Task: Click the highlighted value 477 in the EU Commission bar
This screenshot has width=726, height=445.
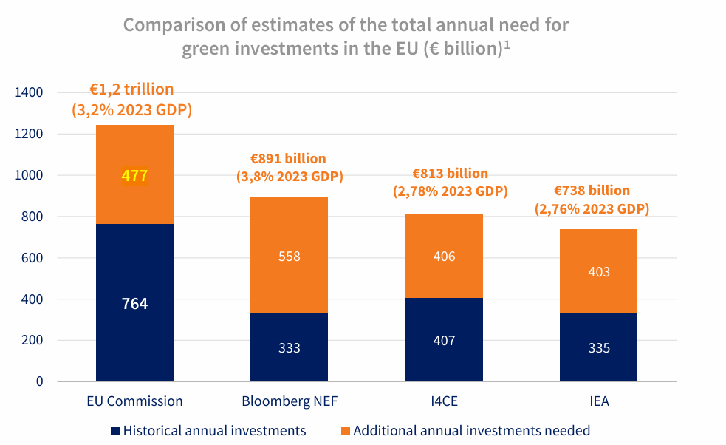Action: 135,176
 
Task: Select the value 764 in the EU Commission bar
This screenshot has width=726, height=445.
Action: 135,303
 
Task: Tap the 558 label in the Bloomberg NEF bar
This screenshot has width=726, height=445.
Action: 290,257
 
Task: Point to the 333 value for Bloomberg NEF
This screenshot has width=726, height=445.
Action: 290,347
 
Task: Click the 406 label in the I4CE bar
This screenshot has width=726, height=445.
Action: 445,257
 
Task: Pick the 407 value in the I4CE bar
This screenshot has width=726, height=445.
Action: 445,341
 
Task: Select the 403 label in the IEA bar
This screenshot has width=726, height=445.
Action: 599,272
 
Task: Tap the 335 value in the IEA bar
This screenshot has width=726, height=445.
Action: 599,347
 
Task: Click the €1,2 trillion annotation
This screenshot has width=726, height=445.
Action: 132,89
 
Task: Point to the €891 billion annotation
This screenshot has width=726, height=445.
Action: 289,159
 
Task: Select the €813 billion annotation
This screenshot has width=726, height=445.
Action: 451,174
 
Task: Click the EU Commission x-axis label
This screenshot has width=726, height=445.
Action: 135,402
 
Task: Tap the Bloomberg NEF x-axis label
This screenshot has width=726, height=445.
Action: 290,402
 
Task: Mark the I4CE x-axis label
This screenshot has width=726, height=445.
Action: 445,402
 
